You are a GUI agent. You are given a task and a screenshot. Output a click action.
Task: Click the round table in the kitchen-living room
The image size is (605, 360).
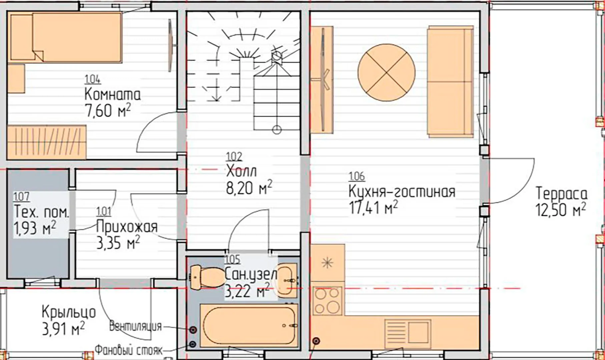point(387,72)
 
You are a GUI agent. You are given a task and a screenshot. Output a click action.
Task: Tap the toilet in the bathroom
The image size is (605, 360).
point(207,277)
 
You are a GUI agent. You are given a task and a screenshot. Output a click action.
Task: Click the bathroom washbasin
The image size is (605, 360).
point(287,280)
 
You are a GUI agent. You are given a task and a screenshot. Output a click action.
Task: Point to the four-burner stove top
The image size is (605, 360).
point(328,301)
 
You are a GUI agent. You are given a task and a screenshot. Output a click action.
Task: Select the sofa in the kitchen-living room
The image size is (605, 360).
point(450,81)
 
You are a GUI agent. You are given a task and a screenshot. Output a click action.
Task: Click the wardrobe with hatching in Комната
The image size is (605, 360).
point(47,142)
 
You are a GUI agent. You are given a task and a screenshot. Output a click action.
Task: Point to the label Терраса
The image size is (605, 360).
point(561,193)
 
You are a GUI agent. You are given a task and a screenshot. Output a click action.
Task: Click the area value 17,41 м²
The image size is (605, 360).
point(373,208)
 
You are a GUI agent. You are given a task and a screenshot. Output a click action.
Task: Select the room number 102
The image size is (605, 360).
point(234,157)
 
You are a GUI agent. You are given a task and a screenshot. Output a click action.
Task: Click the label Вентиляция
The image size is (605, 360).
point(135,326)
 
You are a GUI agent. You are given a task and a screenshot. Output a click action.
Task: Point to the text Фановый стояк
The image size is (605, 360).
point(128,350)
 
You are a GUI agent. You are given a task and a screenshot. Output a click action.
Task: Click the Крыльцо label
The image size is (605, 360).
point(69,313)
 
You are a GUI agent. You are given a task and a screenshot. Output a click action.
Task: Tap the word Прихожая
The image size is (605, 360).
point(127,227)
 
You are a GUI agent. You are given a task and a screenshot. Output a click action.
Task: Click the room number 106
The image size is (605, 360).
point(357,176)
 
